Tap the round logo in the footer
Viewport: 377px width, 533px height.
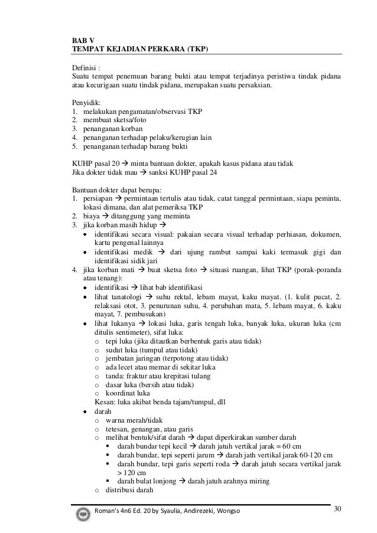coord(83,512)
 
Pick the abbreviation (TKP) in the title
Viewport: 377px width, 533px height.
coord(198,48)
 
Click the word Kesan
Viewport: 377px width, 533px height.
coord(105,402)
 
